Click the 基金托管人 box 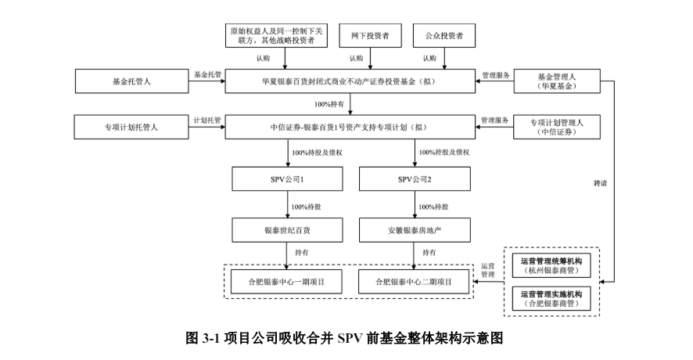coord(129,81)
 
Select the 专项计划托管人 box coord(129,125)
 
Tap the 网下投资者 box coord(370,35)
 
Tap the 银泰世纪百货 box coord(287,231)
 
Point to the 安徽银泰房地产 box coord(415,231)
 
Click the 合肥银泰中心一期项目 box coord(287,280)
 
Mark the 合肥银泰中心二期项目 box coord(415,280)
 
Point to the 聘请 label coord(600,183)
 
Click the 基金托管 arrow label coord(207,75)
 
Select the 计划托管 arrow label coord(207,120)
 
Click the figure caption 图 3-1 coord(346,338)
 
